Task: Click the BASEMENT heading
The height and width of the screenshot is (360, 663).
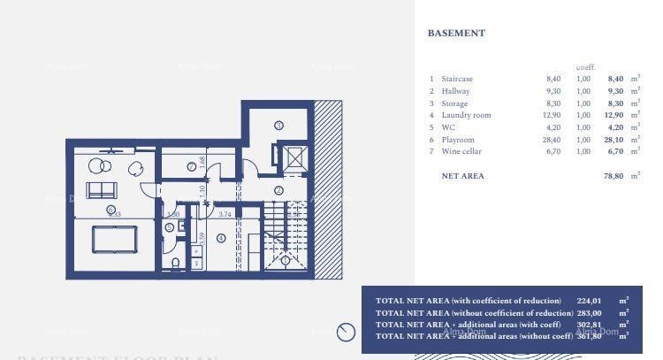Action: pos(456,34)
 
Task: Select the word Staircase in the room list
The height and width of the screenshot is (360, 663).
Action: pos(458,80)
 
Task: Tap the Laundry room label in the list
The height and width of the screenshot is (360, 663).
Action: pos(466,116)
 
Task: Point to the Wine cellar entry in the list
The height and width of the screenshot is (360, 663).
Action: pos(462,152)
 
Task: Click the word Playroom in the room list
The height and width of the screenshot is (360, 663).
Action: pos(458,140)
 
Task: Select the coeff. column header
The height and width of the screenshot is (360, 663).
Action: pos(585,67)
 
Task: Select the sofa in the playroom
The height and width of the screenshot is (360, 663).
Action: pos(101,189)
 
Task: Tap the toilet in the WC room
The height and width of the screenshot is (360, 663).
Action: pos(176,263)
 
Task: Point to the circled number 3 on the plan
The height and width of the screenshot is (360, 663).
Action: pos(278,126)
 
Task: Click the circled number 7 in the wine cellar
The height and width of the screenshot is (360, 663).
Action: pos(191,166)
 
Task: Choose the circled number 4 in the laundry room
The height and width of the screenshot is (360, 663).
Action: pos(221,238)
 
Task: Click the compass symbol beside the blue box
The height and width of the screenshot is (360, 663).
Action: pos(346,333)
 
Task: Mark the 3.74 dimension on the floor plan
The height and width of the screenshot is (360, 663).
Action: pos(225,214)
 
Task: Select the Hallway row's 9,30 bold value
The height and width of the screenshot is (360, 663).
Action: pos(613,91)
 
